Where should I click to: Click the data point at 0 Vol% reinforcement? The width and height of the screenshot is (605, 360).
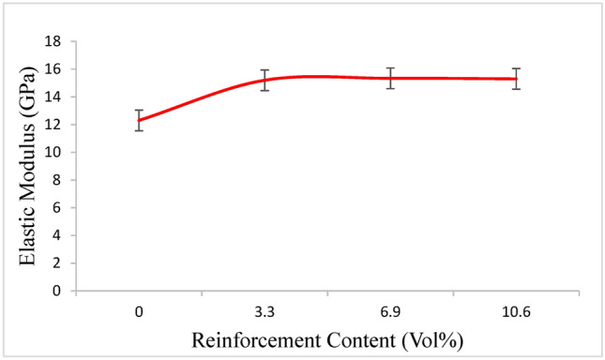pos(140,120)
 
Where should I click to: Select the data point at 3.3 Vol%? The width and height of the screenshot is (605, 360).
pos(265,80)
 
